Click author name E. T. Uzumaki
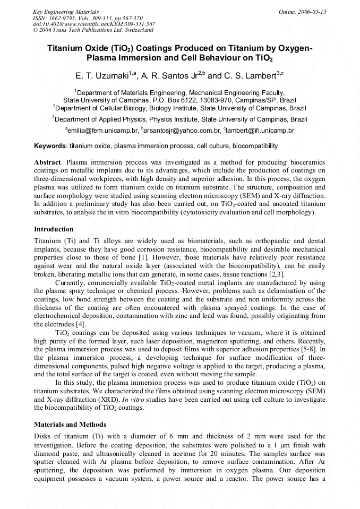[x=102, y=76]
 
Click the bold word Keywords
[x=50, y=145]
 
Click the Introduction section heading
[x=54, y=229]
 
